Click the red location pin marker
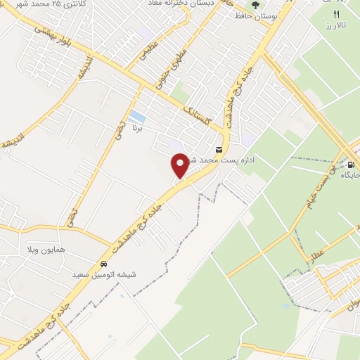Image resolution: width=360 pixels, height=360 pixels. click(x=180, y=165)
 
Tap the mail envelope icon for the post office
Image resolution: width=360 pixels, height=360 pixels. click(x=220, y=149)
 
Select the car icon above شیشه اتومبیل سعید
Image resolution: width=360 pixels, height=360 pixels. click(x=103, y=264)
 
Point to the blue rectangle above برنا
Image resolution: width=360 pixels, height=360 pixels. click(x=139, y=117)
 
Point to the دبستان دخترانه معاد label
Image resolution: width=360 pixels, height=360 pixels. click(x=183, y=4)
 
